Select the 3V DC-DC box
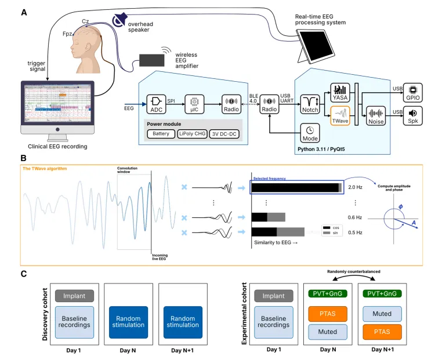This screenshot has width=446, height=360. pos(226,134)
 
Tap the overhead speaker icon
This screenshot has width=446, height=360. pos(120,21)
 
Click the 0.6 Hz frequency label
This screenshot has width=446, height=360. pos(355,217)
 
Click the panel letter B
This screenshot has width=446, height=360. pos(23,158)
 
